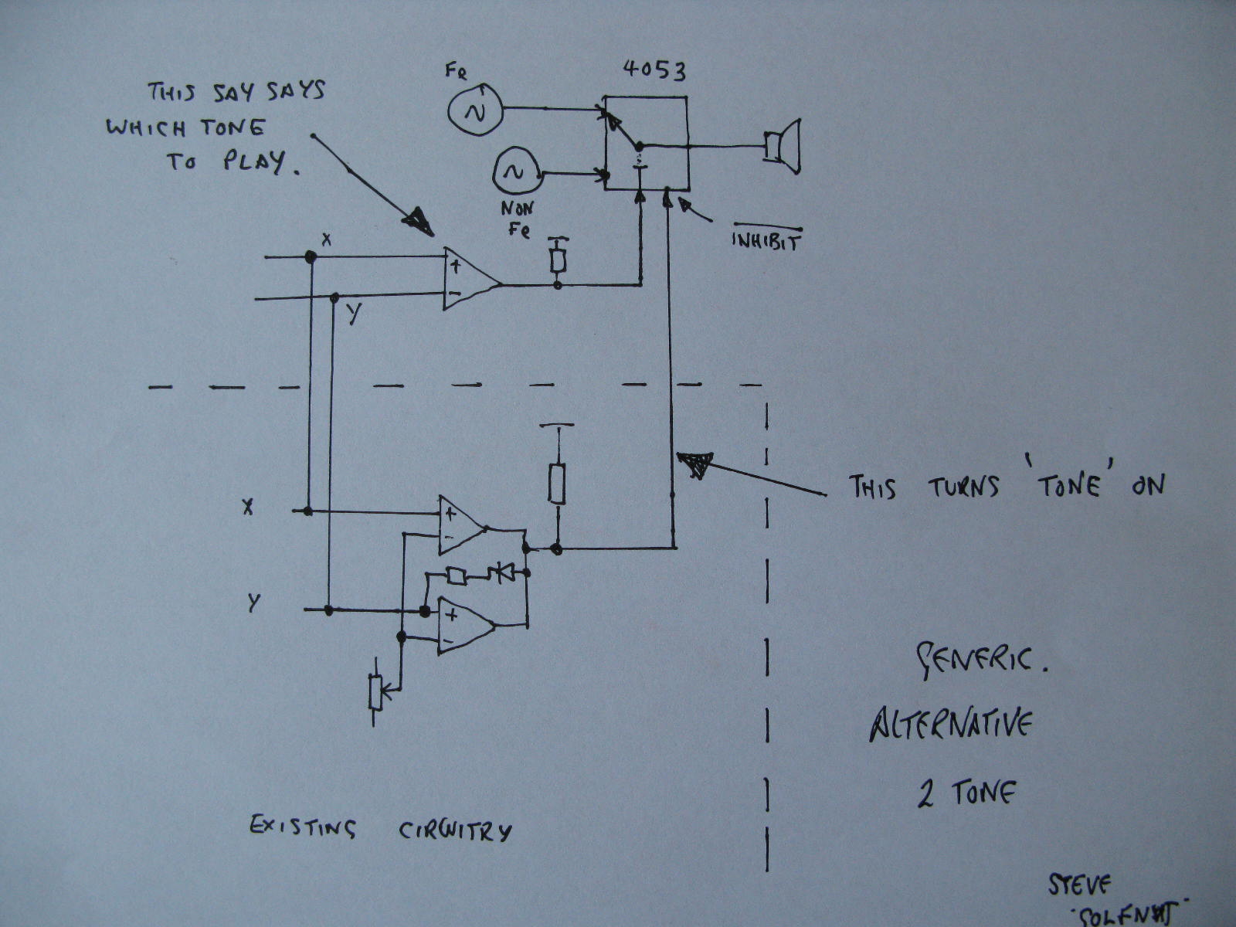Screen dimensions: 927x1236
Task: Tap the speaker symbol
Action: coord(782,146)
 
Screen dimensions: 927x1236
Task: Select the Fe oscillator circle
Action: coord(475,112)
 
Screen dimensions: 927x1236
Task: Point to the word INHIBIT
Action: coord(766,242)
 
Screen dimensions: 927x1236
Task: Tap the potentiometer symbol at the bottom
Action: coord(376,691)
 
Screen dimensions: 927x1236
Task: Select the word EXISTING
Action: coord(302,827)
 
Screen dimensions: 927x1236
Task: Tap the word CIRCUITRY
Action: coord(455,830)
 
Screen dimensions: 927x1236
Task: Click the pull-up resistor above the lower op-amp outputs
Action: coord(556,484)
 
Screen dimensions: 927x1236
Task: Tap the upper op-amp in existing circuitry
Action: coord(462,525)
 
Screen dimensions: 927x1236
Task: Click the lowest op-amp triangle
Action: coord(465,625)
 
